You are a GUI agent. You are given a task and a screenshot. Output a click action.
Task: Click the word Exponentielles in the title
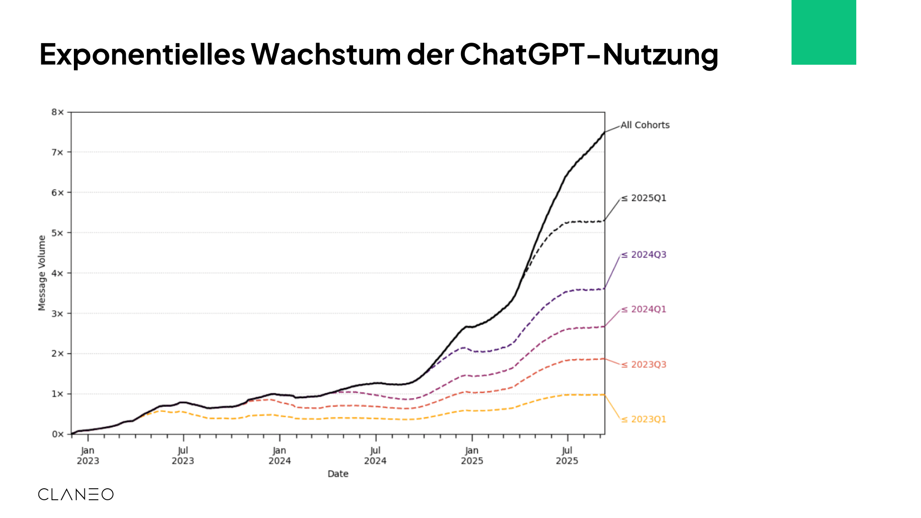[142, 54]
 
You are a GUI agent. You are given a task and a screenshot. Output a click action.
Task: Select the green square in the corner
[824, 32]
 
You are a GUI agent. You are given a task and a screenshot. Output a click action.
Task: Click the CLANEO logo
[76, 494]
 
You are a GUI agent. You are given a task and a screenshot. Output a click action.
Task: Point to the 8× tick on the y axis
[58, 112]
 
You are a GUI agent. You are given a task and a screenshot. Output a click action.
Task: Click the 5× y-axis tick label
[58, 233]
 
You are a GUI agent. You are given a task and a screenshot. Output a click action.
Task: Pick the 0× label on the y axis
[58, 434]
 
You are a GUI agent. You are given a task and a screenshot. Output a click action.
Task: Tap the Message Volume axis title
[42, 273]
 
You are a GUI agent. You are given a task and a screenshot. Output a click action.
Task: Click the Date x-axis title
[338, 474]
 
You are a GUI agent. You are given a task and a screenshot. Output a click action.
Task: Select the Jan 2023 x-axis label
[88, 456]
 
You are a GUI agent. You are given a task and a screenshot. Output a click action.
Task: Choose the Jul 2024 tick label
[375, 456]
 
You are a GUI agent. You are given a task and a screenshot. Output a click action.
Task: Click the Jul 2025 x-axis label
[567, 456]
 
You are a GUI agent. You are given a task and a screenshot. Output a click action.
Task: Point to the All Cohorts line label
[645, 125]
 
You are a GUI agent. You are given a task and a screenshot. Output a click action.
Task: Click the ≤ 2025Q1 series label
[644, 198]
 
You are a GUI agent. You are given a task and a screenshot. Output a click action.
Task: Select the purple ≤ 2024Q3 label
[644, 255]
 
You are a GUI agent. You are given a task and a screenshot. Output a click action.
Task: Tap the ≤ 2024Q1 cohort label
[644, 309]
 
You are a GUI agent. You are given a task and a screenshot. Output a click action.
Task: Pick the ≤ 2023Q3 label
[644, 365]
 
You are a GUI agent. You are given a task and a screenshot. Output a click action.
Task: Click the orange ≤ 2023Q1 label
[644, 419]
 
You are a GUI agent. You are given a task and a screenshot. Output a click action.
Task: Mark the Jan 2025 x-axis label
[472, 456]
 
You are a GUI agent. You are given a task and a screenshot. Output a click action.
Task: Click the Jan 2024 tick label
[280, 456]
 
